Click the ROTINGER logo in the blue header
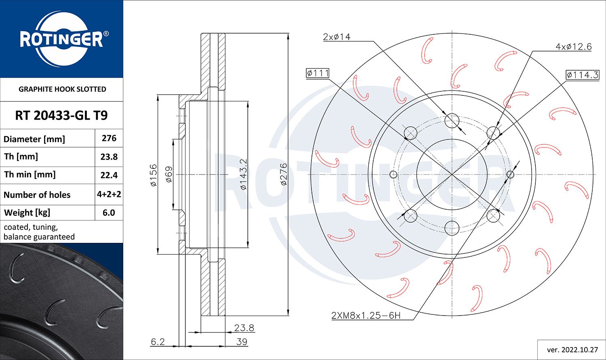click(x=61, y=39)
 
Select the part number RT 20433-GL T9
click(x=61, y=116)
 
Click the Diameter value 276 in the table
click(x=109, y=138)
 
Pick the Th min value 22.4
click(x=109, y=175)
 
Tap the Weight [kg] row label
click(x=27, y=213)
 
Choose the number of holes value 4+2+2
click(x=109, y=194)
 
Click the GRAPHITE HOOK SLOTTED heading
click(x=62, y=89)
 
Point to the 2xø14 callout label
click(x=337, y=37)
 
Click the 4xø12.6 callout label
click(x=573, y=47)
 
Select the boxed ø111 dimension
click(x=318, y=73)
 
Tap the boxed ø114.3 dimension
click(x=582, y=75)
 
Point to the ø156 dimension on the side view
click(x=153, y=175)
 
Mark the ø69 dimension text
click(x=169, y=175)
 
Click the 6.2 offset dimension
click(x=158, y=341)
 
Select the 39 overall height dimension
click(x=242, y=341)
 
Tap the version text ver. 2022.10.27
click(x=572, y=349)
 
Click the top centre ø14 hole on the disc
click(x=452, y=120)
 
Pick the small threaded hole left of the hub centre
click(x=393, y=175)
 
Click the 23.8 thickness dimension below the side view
click(x=244, y=328)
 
